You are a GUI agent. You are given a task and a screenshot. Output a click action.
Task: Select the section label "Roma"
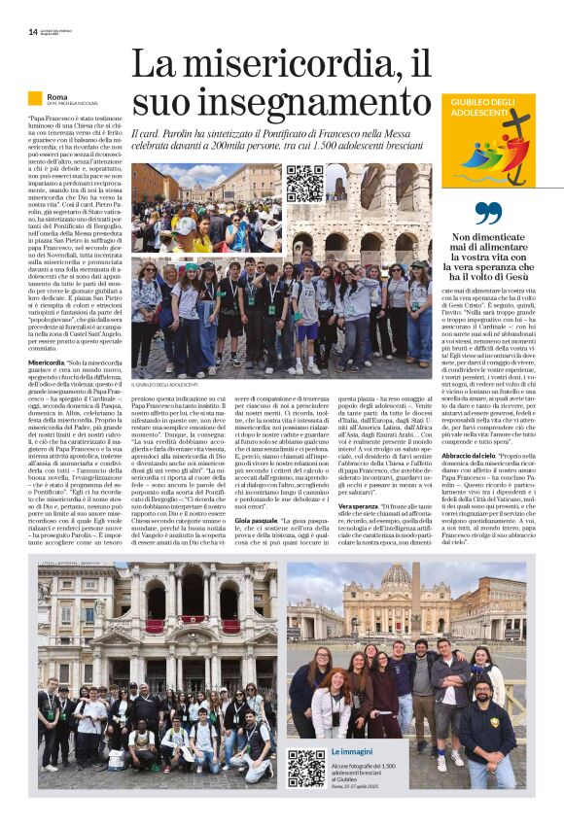(56, 97)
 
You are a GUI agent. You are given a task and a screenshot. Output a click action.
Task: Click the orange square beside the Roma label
(35, 98)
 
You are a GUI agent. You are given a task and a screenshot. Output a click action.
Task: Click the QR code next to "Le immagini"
(306, 767)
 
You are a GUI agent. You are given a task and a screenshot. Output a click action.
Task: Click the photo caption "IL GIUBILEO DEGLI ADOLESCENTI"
(169, 386)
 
